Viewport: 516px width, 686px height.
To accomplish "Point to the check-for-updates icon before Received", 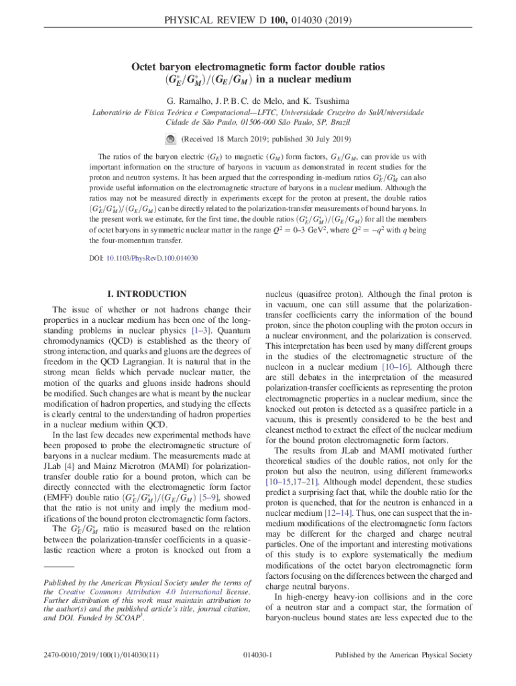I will (x=170, y=139).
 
